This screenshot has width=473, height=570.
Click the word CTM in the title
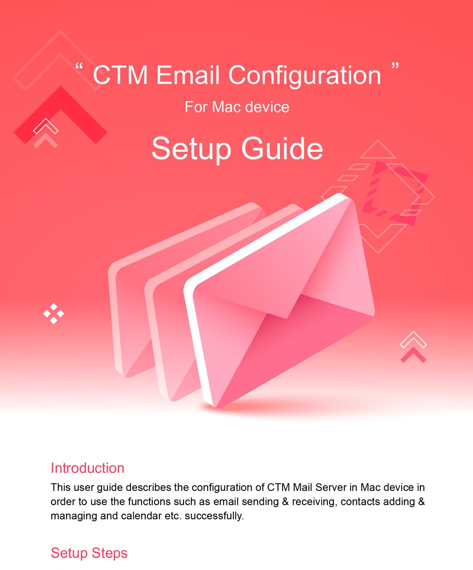[120, 75]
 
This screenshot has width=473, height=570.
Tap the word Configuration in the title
[304, 76]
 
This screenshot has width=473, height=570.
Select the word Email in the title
[188, 75]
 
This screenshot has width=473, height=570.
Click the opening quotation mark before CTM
[79, 66]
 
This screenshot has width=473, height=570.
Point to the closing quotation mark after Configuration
[395, 66]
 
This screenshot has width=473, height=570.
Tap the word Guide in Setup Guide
[282, 149]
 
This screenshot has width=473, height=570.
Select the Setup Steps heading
[89, 553]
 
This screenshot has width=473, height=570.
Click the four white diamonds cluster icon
[54, 314]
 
